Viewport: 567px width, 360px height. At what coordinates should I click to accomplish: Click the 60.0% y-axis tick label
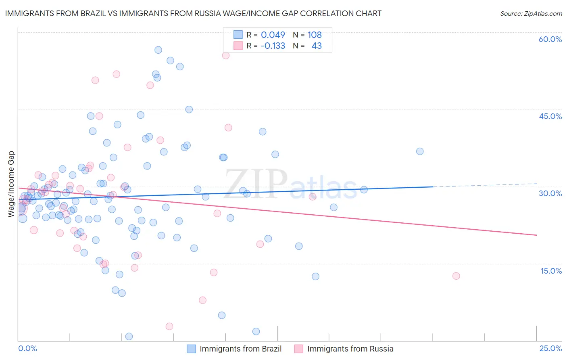(x=550, y=39)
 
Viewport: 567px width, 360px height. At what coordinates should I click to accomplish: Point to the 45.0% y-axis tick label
(x=550, y=116)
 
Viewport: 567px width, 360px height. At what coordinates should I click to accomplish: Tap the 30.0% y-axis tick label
(x=550, y=193)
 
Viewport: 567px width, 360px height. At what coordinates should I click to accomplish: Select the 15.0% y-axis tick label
(x=551, y=271)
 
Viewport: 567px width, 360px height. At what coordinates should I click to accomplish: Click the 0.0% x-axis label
(x=27, y=348)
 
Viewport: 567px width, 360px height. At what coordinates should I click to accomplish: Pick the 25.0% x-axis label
(x=550, y=348)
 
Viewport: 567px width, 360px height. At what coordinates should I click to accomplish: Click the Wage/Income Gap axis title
(x=11, y=184)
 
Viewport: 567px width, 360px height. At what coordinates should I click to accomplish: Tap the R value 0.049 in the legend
(x=273, y=35)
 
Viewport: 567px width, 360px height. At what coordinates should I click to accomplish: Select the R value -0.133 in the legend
(x=273, y=46)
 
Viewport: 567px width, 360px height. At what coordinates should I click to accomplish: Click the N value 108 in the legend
(x=315, y=35)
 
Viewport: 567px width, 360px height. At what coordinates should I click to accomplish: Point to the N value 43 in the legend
(x=317, y=46)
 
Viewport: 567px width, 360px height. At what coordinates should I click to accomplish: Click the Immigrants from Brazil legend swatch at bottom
(x=191, y=349)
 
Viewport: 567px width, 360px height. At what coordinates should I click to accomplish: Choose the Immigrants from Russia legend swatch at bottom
(x=298, y=349)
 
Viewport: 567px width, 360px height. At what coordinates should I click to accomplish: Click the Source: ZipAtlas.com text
(x=531, y=14)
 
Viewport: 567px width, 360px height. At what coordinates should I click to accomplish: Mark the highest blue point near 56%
(x=158, y=50)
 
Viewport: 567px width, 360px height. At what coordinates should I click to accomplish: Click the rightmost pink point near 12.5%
(x=456, y=276)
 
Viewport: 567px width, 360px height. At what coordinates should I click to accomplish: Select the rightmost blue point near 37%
(x=420, y=151)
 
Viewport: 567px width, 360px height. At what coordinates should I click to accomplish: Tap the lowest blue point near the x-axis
(x=129, y=337)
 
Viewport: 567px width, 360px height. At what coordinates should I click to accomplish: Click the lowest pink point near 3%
(x=169, y=326)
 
